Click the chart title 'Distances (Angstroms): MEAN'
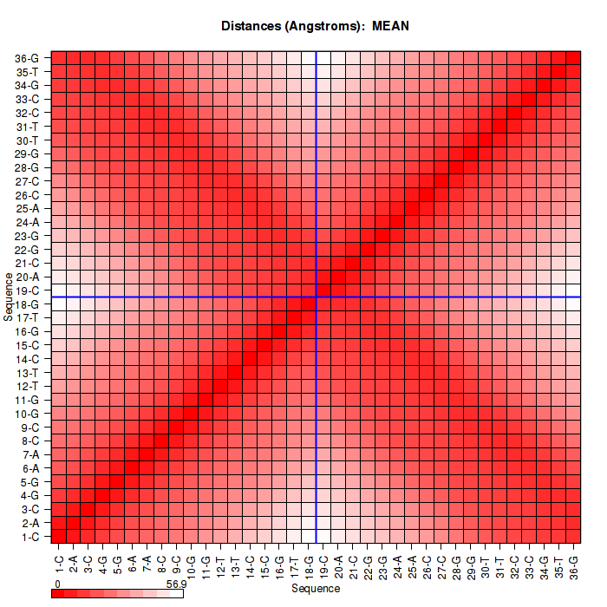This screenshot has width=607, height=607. click(x=315, y=26)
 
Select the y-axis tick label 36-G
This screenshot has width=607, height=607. click(x=27, y=59)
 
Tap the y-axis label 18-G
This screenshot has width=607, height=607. click(x=27, y=304)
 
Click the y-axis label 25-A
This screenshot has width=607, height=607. click(x=27, y=209)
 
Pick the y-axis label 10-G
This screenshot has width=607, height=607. click(x=27, y=414)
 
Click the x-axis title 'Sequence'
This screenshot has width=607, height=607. click(x=315, y=589)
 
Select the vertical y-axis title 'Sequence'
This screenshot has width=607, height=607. click(x=8, y=297)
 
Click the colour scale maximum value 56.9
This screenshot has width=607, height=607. click(x=176, y=584)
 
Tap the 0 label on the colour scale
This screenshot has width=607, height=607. click(x=56, y=584)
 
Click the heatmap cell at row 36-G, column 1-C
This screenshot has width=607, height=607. click(x=59, y=59)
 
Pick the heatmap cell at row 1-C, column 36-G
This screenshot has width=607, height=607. click(x=573, y=536)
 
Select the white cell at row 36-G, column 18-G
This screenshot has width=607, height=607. click(x=309, y=59)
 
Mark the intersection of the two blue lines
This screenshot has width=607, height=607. click(x=317, y=297)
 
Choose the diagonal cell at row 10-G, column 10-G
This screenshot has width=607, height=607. click(x=191, y=414)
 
